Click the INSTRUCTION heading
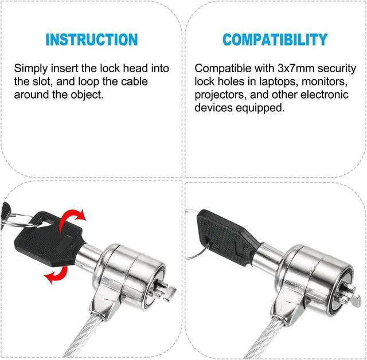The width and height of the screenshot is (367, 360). pyautogui.click(x=92, y=40)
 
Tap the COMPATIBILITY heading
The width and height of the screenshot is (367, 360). pyautogui.click(x=275, y=40)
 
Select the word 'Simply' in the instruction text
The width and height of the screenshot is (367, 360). pyautogui.click(x=31, y=69)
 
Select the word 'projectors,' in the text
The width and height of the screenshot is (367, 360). pyautogui.click(x=220, y=95)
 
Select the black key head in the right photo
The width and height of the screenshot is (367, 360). pyautogui.click(x=227, y=236)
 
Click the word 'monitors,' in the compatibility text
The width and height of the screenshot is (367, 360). pyautogui.click(x=325, y=82)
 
